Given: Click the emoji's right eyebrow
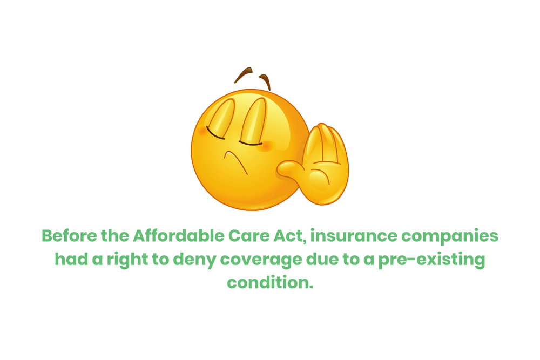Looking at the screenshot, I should click(x=266, y=81).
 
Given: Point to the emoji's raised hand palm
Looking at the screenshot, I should click(x=324, y=173).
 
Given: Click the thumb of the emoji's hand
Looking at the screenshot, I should click(x=292, y=171).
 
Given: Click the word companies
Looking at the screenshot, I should click(x=465, y=237).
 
